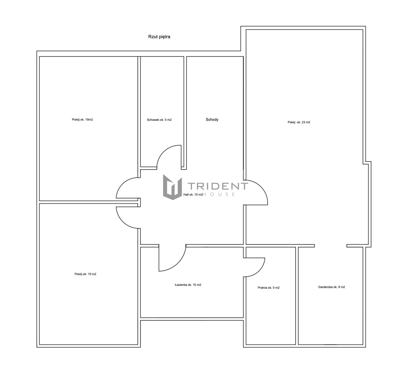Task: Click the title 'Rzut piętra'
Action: coord(159,37)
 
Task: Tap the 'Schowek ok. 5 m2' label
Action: coord(159,120)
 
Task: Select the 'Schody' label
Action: coord(212,120)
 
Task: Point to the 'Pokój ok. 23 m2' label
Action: coord(299,122)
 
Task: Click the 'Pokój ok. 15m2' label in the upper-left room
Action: coord(82,120)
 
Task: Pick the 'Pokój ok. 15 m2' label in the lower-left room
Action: coord(85,274)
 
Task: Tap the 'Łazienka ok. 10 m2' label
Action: coord(188,285)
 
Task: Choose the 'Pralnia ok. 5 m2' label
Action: coord(269,288)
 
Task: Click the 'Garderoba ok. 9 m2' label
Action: coord(331,287)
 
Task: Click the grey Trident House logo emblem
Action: coord(172,187)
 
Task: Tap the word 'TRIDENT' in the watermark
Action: coord(218,186)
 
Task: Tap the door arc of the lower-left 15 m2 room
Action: coord(122,222)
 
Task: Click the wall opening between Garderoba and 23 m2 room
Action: coord(331,246)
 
